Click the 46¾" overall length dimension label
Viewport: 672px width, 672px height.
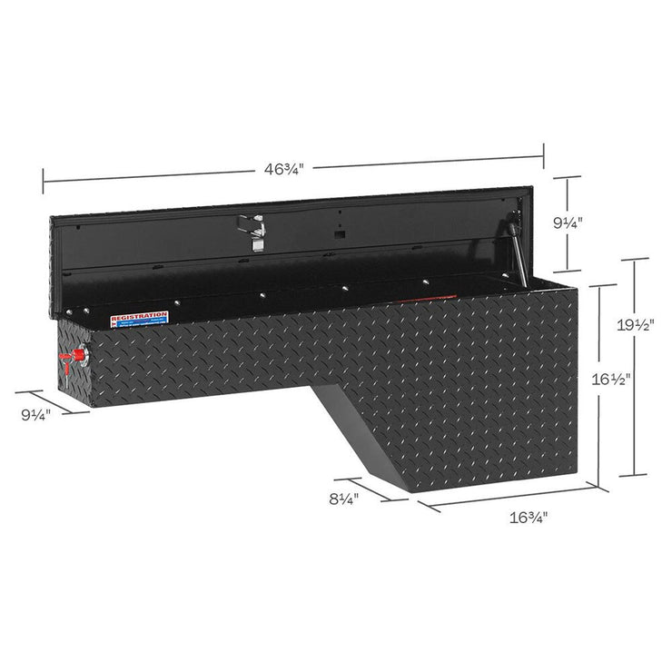pyautogui.click(x=283, y=168)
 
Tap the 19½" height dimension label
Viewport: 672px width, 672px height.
pyautogui.click(x=647, y=324)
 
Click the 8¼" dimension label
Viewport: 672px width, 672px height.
pyautogui.click(x=343, y=499)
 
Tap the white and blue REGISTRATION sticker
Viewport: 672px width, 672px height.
pyautogui.click(x=139, y=320)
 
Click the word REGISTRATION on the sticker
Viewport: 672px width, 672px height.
pyautogui.click(x=139, y=315)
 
